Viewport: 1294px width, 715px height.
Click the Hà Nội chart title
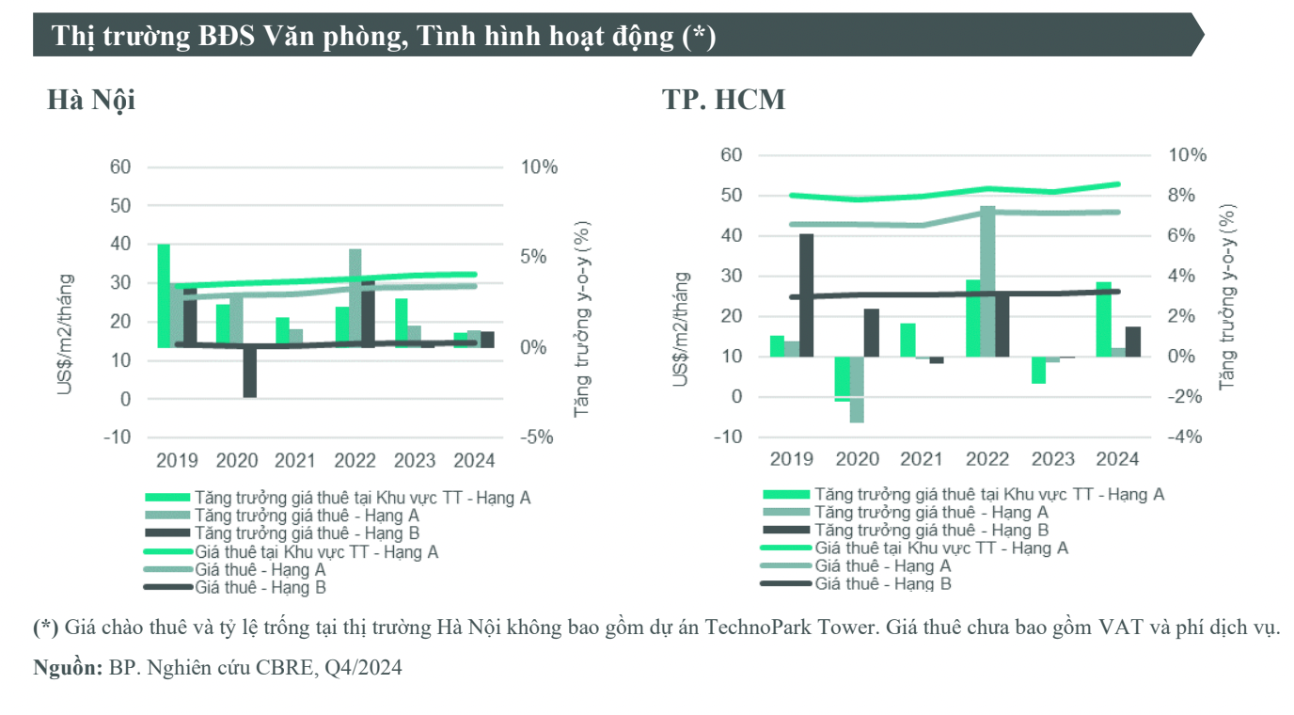point(91,99)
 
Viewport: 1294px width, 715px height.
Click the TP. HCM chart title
point(723,99)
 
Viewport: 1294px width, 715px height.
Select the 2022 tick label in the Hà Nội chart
point(355,460)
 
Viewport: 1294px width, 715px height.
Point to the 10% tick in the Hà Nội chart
point(539,167)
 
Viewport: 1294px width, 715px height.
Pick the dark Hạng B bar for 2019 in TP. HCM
point(806,294)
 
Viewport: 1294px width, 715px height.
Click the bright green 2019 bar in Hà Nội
point(164,295)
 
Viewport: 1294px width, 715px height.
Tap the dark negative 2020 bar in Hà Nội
point(249,372)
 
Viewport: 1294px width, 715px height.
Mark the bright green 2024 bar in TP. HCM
point(1103,319)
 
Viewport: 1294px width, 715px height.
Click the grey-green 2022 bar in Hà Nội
point(355,297)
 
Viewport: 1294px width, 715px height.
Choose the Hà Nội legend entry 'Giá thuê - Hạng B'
point(260,588)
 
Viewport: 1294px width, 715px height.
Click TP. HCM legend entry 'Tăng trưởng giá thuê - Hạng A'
point(931,513)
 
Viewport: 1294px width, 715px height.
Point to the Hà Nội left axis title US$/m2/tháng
point(65,333)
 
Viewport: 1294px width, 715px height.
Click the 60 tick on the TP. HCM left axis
point(731,155)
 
